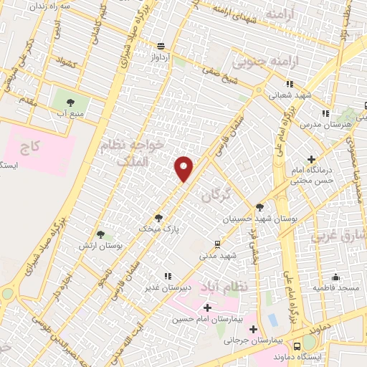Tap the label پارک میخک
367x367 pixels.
coord(160,229)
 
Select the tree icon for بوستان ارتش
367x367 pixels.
coord(101,234)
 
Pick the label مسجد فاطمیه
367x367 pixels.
coord(335,287)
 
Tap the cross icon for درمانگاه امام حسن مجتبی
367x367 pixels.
coord(310,159)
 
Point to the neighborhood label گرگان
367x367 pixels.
coord(216,194)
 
